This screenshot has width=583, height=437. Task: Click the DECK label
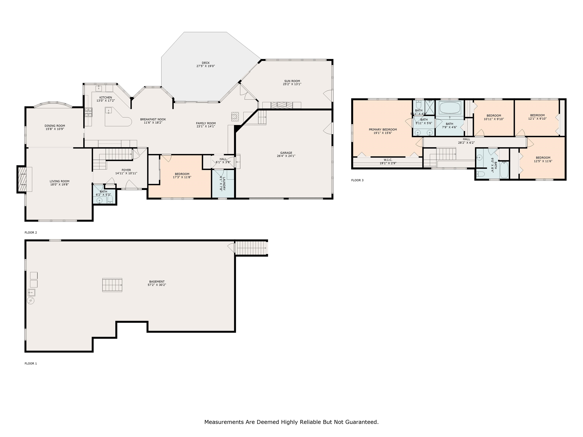tap(206, 63)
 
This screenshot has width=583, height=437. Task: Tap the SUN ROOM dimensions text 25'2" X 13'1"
tap(292, 84)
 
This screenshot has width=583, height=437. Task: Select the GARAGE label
tap(286, 153)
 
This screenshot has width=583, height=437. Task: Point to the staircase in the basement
tap(112, 285)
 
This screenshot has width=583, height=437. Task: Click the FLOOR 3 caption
tap(357, 180)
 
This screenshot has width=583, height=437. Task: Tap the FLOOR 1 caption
tap(31, 364)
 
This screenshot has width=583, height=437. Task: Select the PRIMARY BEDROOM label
tap(383, 130)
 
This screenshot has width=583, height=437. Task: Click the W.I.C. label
tap(388, 160)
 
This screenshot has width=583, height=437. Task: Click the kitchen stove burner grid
tap(88, 112)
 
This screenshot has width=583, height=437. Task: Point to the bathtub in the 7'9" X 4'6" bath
tap(450, 108)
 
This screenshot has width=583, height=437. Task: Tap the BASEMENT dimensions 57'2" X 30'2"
tap(157, 285)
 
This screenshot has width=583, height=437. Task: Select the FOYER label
tap(126, 170)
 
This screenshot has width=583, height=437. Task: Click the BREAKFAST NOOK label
tap(153, 119)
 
